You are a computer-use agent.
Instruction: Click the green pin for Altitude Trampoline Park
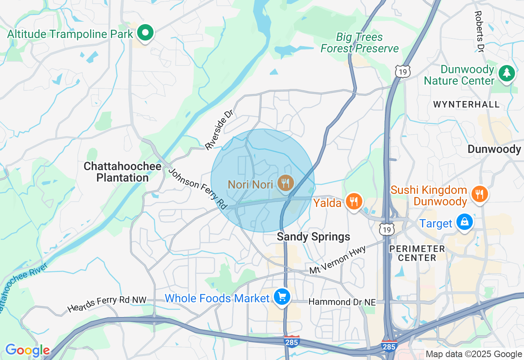[x=145, y=33]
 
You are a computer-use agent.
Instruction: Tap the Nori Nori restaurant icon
[x=285, y=183]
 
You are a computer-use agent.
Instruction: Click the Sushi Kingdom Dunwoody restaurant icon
[x=479, y=193]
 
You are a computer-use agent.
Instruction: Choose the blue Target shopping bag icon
[x=464, y=222]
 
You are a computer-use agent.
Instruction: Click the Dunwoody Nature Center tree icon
[x=507, y=74]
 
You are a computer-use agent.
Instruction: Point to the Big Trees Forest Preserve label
[x=359, y=43]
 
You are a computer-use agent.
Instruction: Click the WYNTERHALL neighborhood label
[x=466, y=105]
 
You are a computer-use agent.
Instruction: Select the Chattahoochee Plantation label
[x=116, y=172]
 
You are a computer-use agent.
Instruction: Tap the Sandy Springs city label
[x=314, y=236]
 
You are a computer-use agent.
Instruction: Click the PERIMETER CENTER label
[x=417, y=253]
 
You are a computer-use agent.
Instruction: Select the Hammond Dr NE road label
[x=342, y=302]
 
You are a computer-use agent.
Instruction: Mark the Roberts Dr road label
[x=479, y=31]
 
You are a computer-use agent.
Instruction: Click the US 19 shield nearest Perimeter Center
[x=387, y=229]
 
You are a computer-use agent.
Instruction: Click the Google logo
[x=27, y=350]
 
